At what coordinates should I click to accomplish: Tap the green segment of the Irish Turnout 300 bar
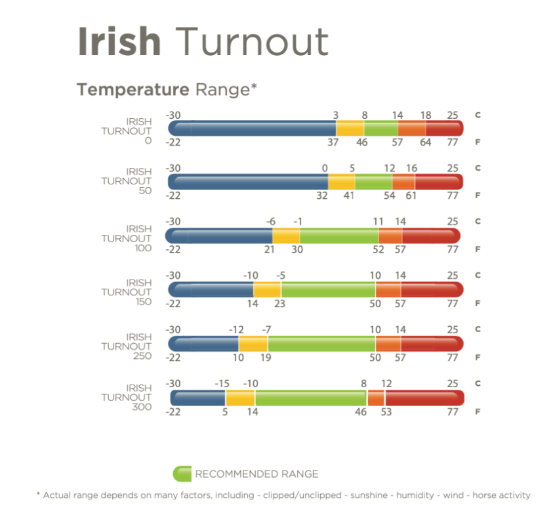[x=310, y=398]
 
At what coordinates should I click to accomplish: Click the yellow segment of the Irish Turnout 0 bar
[x=350, y=128]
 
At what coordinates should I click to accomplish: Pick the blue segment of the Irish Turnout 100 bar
[x=220, y=236]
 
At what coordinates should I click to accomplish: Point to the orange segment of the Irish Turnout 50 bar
[x=403, y=182]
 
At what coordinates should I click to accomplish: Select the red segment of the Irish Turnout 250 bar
[x=431, y=343]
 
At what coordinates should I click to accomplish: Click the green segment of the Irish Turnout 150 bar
[x=328, y=289]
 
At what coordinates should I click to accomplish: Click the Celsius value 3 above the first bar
[x=335, y=115]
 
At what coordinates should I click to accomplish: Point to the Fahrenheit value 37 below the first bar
[x=333, y=142]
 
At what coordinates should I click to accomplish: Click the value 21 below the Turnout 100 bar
[x=269, y=249]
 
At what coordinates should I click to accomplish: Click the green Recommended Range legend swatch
[x=181, y=473]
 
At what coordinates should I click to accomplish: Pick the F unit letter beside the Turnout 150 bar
[x=478, y=304]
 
